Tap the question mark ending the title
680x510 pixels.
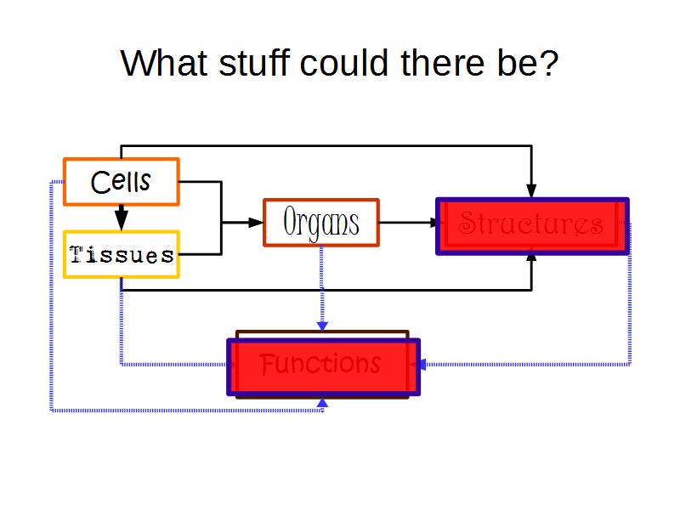coord(548,63)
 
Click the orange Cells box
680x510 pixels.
coord(122,182)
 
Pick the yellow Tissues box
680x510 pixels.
coord(122,254)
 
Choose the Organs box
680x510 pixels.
coord(320,223)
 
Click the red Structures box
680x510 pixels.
coord(532,225)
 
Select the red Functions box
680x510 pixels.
coord(322,366)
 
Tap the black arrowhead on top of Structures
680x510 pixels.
coord(531,190)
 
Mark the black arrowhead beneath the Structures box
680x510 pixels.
coord(531,258)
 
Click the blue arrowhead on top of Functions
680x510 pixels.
coord(321,325)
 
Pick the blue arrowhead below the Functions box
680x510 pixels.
coord(321,403)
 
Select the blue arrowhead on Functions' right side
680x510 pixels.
coord(419,365)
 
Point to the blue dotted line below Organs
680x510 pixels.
coord(321,280)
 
